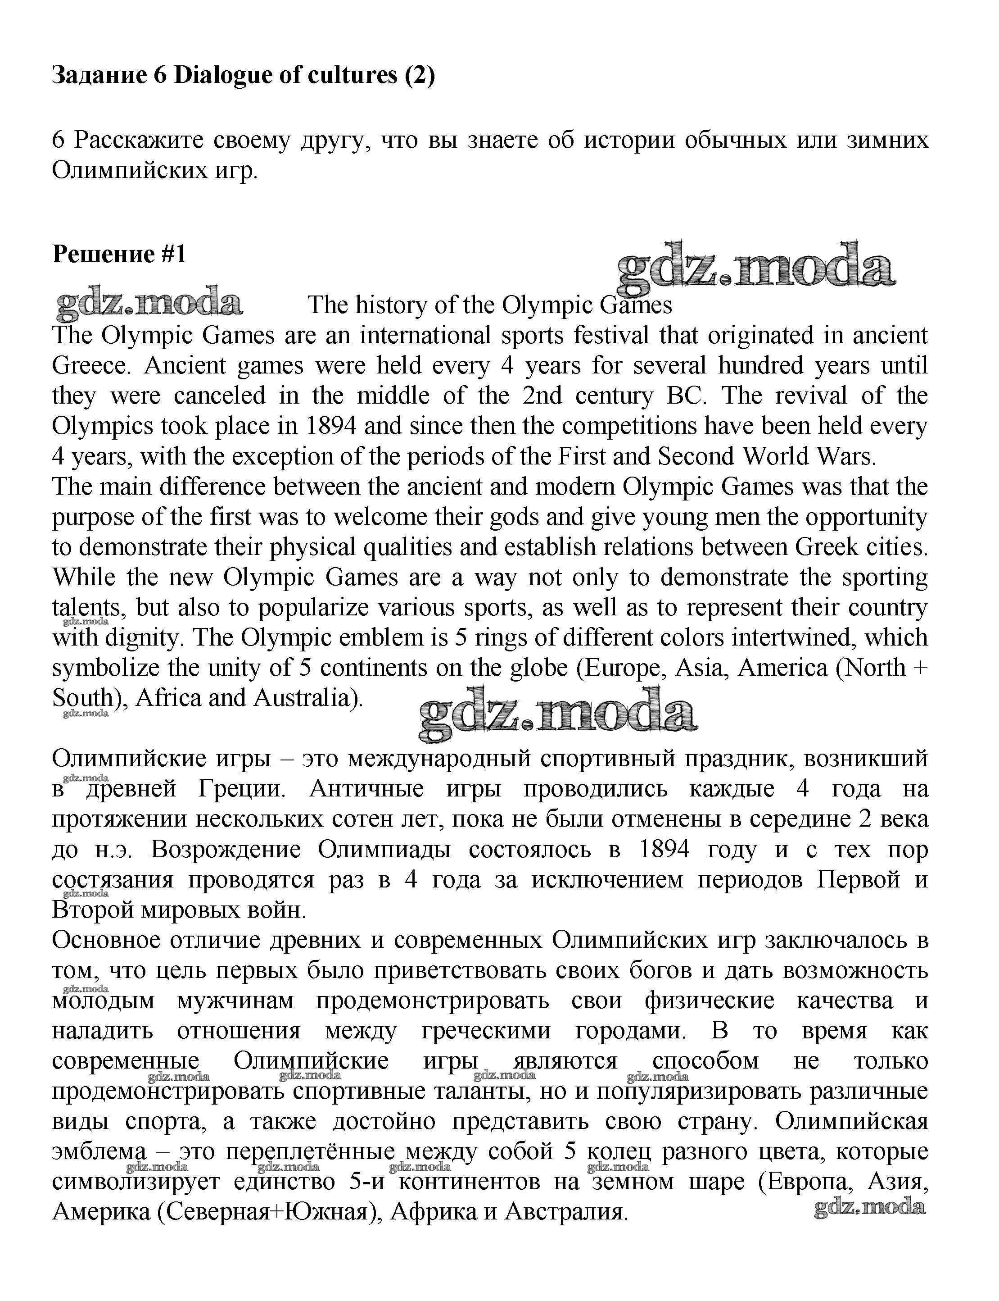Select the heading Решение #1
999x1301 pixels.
(119, 254)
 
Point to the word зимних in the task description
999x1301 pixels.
(886, 141)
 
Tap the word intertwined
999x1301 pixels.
(792, 638)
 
